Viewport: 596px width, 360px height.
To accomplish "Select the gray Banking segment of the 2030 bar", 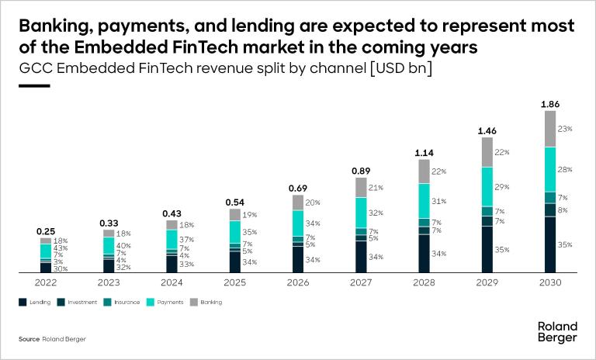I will [549, 128].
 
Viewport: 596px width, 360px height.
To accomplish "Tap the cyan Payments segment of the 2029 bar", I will [487, 186].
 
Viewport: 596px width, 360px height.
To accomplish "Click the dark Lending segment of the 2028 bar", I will [424, 253].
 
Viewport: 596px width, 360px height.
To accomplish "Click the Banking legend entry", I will [208, 302].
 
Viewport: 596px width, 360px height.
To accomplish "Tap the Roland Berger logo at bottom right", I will [557, 331].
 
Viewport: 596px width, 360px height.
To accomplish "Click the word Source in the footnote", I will [29, 339].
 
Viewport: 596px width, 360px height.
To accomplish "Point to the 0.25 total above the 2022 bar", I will [46, 231].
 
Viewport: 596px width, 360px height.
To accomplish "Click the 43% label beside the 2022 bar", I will [60, 247].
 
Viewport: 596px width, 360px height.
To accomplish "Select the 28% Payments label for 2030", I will [565, 169].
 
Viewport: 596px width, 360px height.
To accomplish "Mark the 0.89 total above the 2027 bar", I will [361, 171].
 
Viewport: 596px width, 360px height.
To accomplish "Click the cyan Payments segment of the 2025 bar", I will [235, 231].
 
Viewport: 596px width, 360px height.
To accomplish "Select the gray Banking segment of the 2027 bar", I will [361, 187].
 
